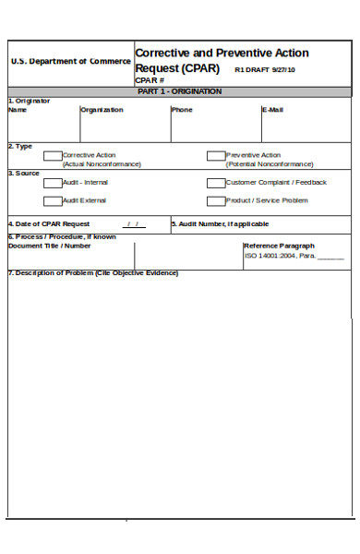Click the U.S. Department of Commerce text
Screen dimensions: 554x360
click(x=70, y=61)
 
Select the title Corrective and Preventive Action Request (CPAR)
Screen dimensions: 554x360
click(x=222, y=60)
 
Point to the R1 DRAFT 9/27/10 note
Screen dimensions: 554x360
click(x=265, y=69)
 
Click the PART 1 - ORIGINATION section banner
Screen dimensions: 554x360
click(x=179, y=91)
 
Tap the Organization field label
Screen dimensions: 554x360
click(x=102, y=110)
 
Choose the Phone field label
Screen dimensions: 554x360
click(x=182, y=110)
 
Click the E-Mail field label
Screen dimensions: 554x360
click(x=272, y=110)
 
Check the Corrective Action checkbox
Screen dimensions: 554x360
click(x=53, y=156)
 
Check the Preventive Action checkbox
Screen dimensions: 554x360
click(x=215, y=156)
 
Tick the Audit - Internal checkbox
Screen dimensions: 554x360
click(x=53, y=183)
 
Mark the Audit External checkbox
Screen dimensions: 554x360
click(x=53, y=200)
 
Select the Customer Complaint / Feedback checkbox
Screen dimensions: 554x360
click(x=215, y=183)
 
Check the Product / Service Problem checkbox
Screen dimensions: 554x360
click(x=215, y=200)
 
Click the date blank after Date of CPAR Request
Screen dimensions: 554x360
click(x=134, y=224)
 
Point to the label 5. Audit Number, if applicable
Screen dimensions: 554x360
click(x=221, y=224)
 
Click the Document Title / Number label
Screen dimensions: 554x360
click(x=50, y=246)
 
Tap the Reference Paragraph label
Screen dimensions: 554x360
click(x=279, y=246)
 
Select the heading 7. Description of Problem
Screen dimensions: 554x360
click(x=92, y=273)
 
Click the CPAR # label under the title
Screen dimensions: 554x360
click(x=148, y=81)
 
